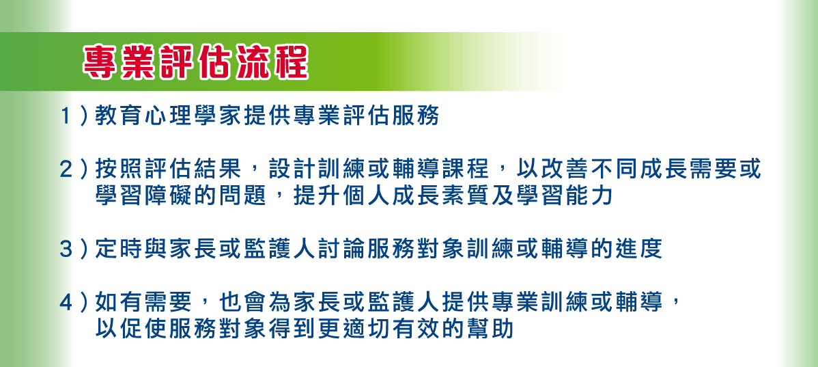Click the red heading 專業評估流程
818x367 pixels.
point(195,63)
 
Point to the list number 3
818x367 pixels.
point(66,249)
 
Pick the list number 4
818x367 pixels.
point(66,302)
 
